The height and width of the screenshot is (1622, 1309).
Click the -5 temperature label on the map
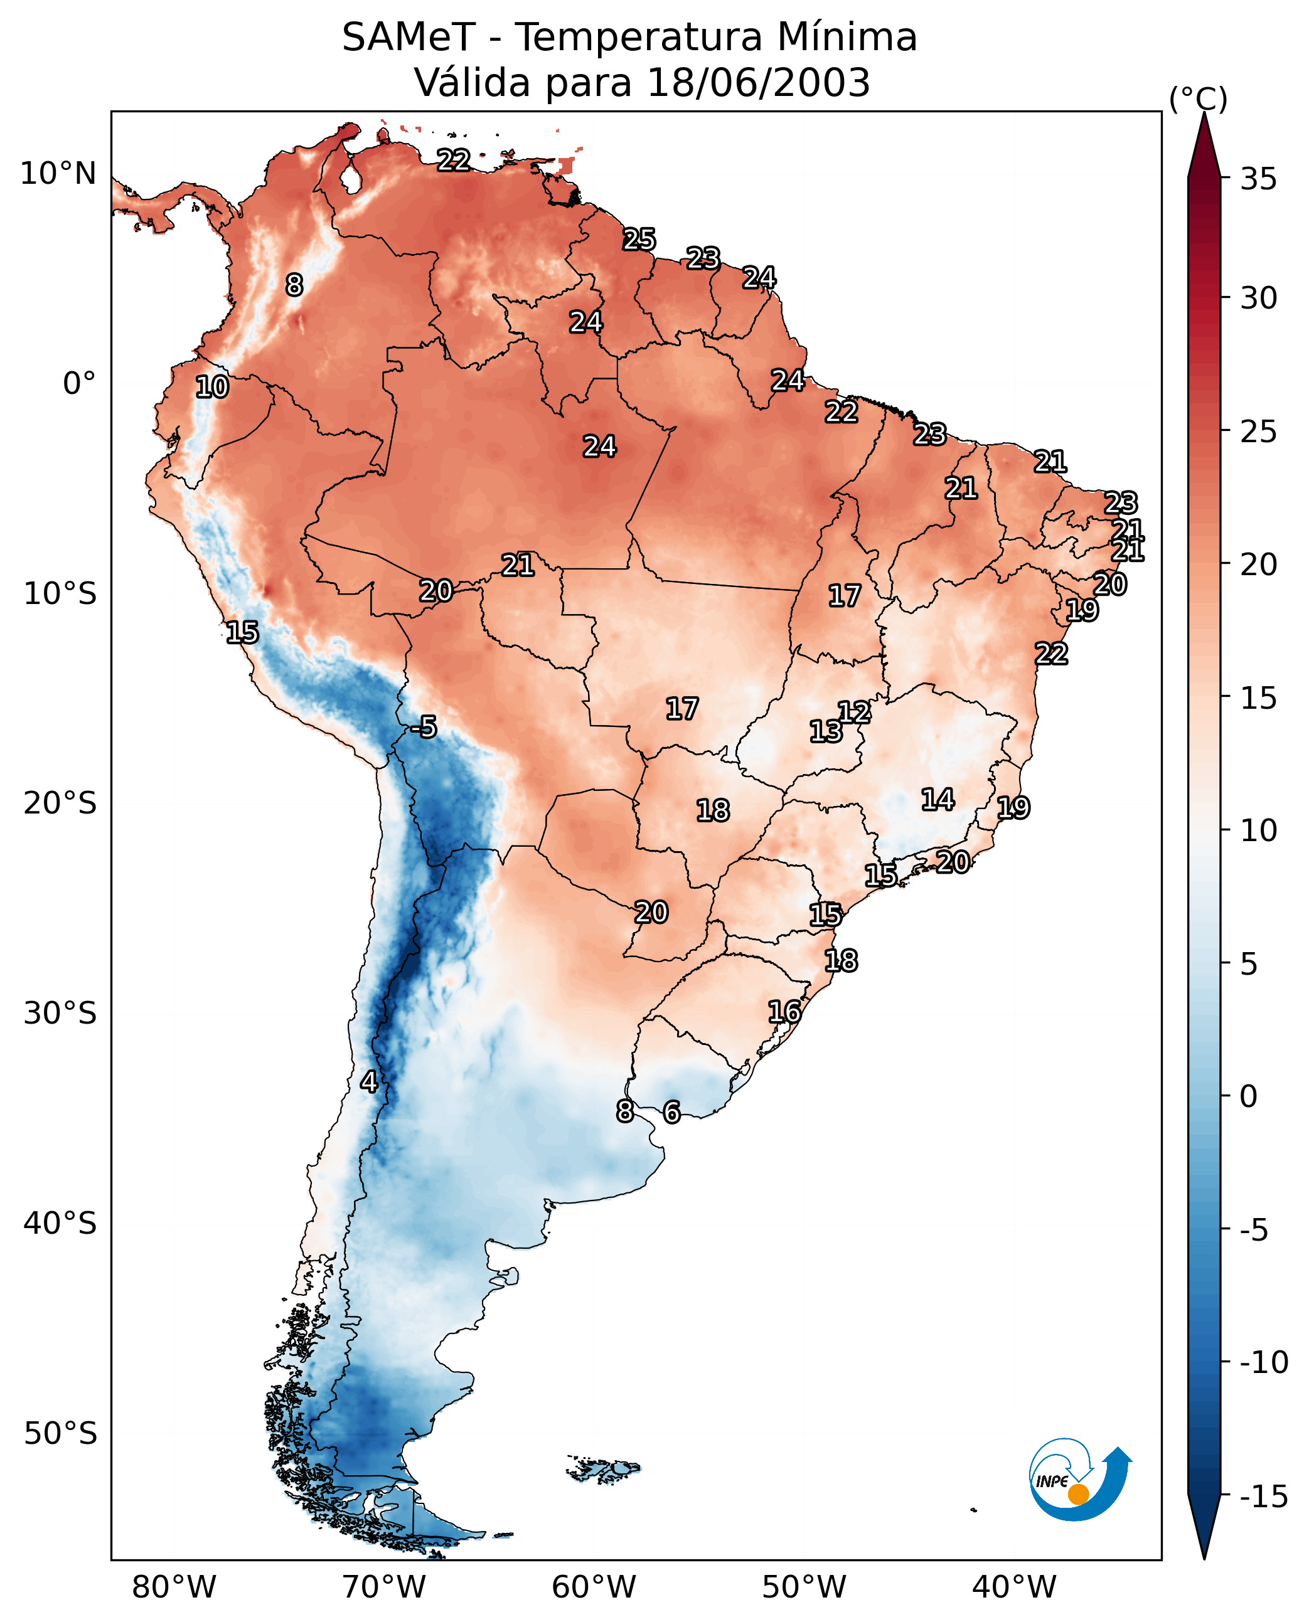tap(424, 728)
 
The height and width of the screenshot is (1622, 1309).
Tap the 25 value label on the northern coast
tap(639, 240)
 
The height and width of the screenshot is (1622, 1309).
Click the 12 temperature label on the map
tap(854, 713)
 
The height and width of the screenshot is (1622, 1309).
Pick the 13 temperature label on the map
tap(826, 731)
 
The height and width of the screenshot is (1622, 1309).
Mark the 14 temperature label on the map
tap(938, 800)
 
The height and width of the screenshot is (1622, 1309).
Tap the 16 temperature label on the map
tap(785, 1012)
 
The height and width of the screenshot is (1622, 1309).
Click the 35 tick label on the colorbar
tap(1258, 179)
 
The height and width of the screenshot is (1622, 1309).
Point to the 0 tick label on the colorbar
tap(1249, 1096)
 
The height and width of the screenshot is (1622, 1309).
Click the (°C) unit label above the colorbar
tap(1198, 100)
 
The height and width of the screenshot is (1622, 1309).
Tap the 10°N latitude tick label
tap(58, 174)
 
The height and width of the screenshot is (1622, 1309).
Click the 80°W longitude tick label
tap(174, 1587)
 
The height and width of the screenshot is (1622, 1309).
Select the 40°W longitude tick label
tap(1014, 1587)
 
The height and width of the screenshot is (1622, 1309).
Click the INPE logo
tap(1081, 1480)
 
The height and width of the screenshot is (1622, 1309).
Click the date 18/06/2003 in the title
tap(759, 82)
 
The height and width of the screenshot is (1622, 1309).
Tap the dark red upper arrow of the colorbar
tap(1204, 146)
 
